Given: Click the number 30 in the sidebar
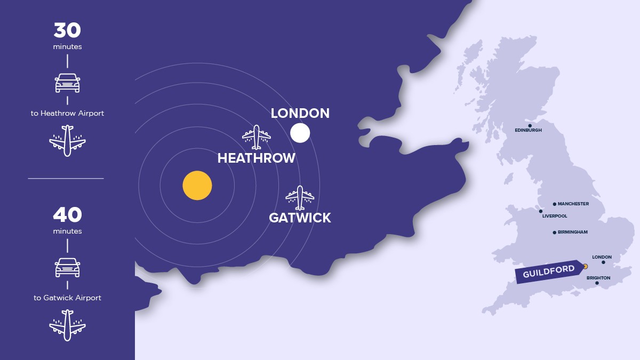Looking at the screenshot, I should click(67, 30).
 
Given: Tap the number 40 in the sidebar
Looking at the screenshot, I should click(67, 215).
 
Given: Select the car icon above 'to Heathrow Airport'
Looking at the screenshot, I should click(67, 83).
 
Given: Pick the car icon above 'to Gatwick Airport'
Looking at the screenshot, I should click(67, 267).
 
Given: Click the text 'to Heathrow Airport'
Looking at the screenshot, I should click(67, 113).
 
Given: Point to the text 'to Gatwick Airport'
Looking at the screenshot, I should click(67, 298).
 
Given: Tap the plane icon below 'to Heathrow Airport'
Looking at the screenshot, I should click(67, 141).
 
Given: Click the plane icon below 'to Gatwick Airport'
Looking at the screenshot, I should click(67, 325).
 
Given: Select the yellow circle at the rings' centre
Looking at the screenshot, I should click(197, 186).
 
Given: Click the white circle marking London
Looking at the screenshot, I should click(300, 133).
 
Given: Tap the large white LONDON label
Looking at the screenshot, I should click(300, 113).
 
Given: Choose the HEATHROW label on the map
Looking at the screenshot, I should click(256, 158).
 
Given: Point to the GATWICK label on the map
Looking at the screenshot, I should click(300, 218).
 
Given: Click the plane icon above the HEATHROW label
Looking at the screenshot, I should click(257, 137).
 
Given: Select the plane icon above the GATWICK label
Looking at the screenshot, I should click(300, 198).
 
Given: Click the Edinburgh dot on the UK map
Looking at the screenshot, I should click(530, 126).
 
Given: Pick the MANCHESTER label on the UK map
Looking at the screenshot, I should click(573, 204).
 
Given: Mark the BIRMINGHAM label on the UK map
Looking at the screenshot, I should click(572, 233).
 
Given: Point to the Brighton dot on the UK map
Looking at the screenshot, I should click(597, 283).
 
